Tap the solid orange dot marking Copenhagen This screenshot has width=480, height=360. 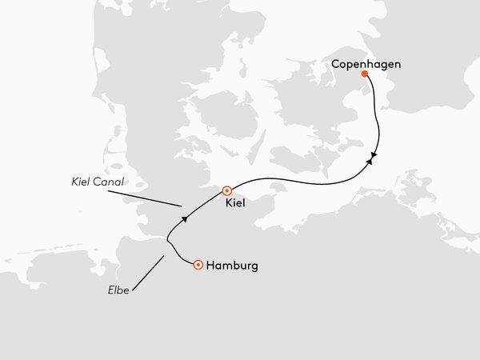(365, 74)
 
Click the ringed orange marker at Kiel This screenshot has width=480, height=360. (227, 190)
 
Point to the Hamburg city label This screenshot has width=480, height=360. (233, 266)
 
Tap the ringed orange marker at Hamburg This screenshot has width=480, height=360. (198, 266)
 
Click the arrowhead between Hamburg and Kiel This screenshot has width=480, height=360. (184, 218)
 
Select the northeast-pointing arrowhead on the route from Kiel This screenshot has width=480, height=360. (369, 162)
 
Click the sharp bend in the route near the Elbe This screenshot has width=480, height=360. (167, 237)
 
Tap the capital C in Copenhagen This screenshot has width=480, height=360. (336, 62)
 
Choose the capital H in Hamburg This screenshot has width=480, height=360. (210, 266)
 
